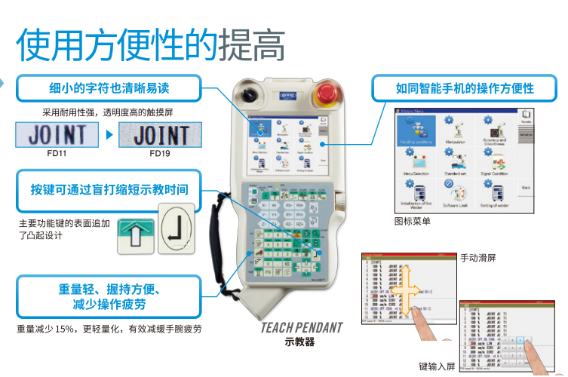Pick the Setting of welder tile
click(x=496, y=192)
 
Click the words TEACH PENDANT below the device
click(x=302, y=329)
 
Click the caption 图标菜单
click(x=413, y=222)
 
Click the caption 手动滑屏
click(x=478, y=258)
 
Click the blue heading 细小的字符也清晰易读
click(x=109, y=88)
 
